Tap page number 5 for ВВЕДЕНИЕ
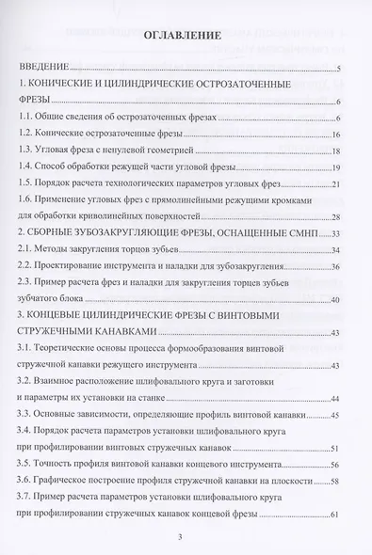(x=337, y=70)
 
